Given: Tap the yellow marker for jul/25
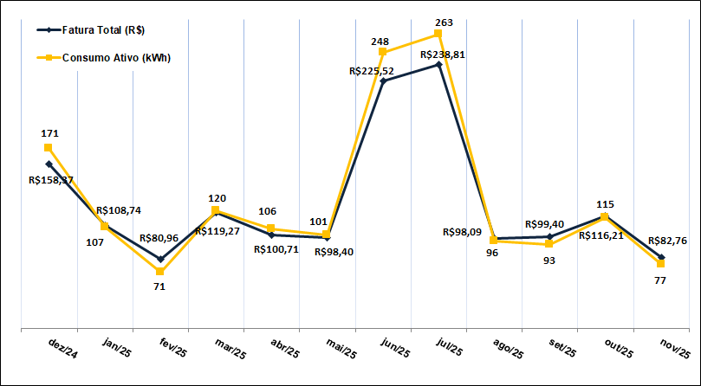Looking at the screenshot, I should point(438,34).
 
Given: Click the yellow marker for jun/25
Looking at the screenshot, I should point(383,52).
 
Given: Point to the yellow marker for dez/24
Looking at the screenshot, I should point(49,148).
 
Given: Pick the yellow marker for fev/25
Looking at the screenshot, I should point(160,272).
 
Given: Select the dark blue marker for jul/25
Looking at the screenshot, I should point(438,64).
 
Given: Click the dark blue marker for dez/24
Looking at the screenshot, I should point(49,164).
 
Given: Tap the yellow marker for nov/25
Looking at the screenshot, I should point(661,263).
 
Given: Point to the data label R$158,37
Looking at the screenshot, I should point(50,180).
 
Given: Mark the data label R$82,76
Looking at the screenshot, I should point(667,241).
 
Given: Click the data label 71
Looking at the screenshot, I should point(159,286).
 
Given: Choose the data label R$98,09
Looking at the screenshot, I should point(465,232).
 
